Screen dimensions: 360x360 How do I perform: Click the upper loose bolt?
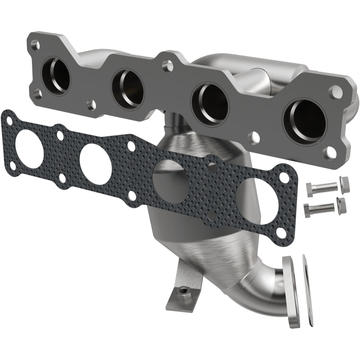[x=321, y=188]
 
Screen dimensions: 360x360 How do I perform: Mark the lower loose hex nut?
[x=342, y=205]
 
